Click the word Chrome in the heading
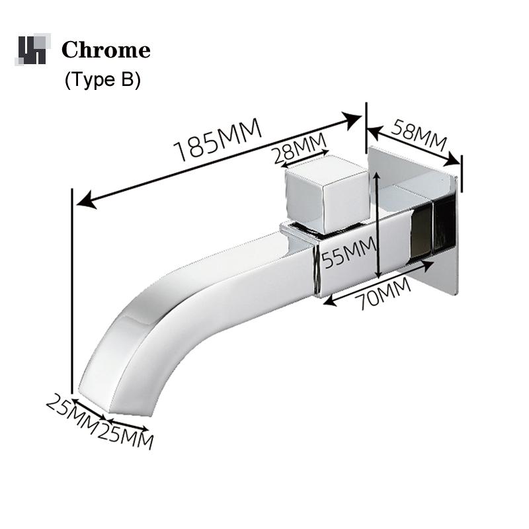(x=106, y=50)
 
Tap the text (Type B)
(x=102, y=80)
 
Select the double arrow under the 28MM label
(x=301, y=160)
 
